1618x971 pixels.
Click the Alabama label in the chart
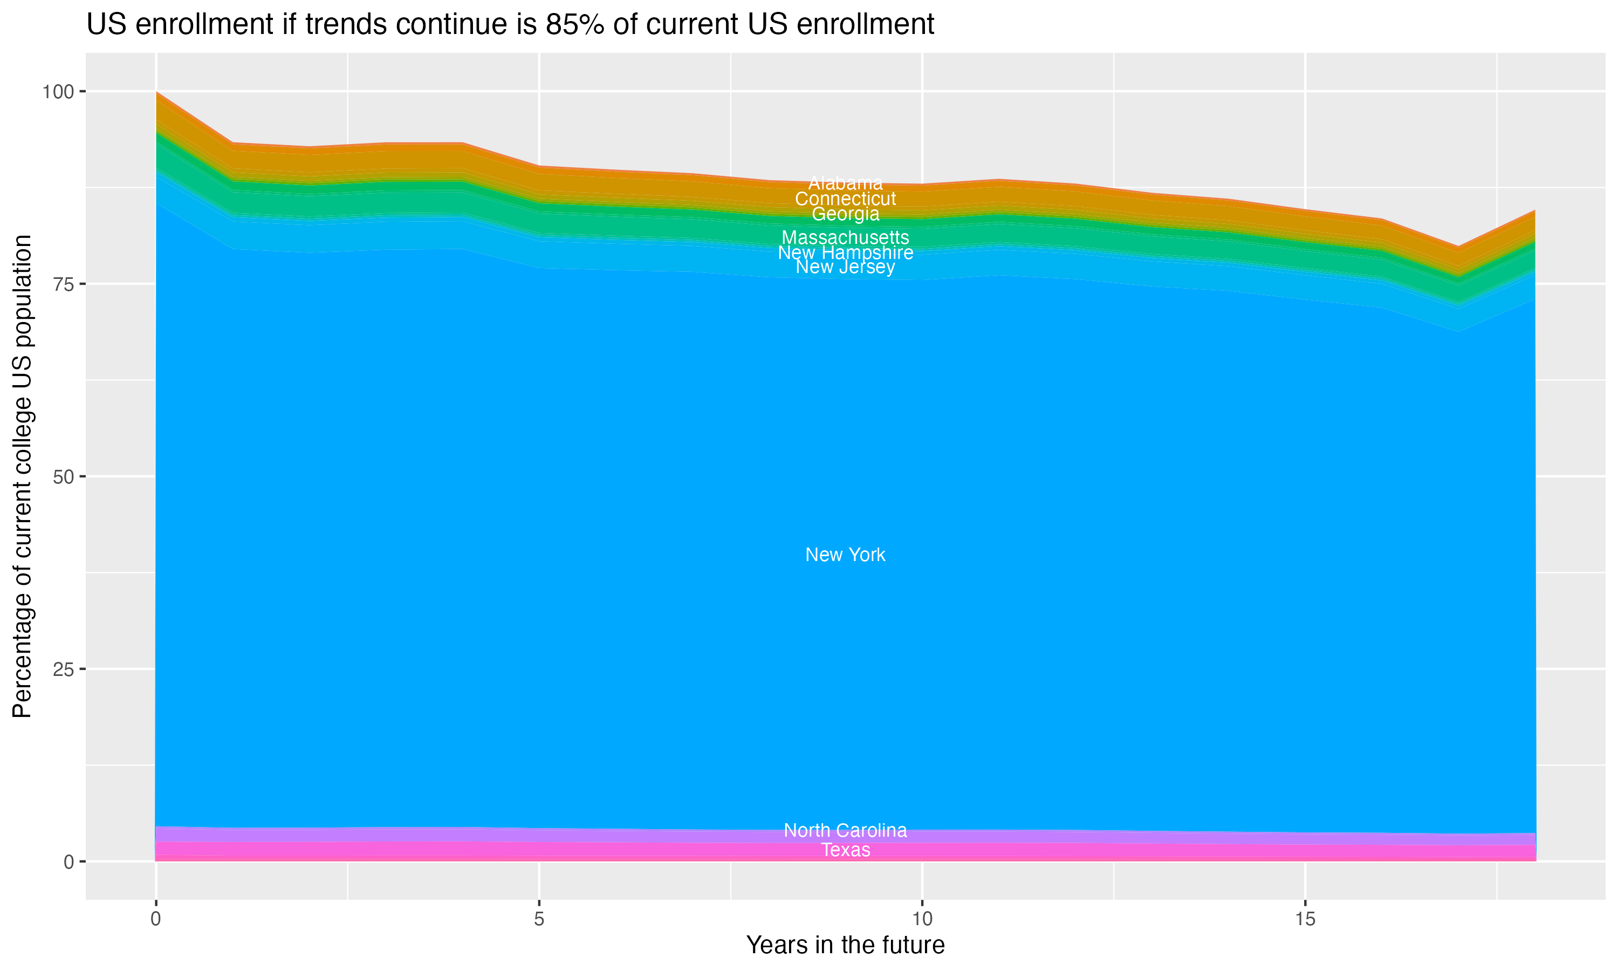tap(845, 183)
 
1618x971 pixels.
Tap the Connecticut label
tap(845, 199)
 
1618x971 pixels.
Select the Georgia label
tap(845, 214)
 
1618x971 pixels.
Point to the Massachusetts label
tap(845, 237)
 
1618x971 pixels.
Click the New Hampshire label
tap(845, 252)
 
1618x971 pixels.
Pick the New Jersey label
tap(845, 267)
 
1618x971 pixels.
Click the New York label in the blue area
tap(845, 555)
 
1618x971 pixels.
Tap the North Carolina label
tap(845, 830)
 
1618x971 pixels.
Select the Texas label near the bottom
tap(845, 850)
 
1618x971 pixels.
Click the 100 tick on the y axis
tap(58, 92)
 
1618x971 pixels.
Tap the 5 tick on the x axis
tap(539, 919)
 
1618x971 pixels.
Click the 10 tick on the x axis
tap(922, 919)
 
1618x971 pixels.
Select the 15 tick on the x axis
tap(1305, 919)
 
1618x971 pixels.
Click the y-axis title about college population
tap(22, 476)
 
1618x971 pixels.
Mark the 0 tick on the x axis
tap(156, 919)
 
